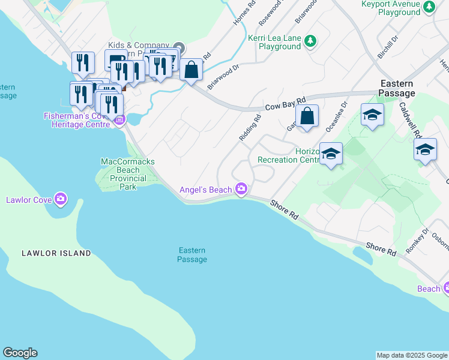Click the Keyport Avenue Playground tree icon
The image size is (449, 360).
(429, 7)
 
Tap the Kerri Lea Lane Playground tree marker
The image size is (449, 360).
(310, 41)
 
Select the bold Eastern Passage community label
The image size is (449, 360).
(397, 88)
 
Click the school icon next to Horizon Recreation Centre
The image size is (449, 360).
(331, 154)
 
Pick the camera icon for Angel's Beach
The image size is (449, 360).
(241, 190)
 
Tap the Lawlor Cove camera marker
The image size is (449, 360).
(60, 199)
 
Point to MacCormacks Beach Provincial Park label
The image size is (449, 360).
(127, 174)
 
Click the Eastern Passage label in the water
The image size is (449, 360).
(192, 255)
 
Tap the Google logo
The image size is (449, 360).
(20, 353)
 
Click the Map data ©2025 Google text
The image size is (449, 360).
(411, 355)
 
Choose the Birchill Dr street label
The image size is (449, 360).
(387, 47)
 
